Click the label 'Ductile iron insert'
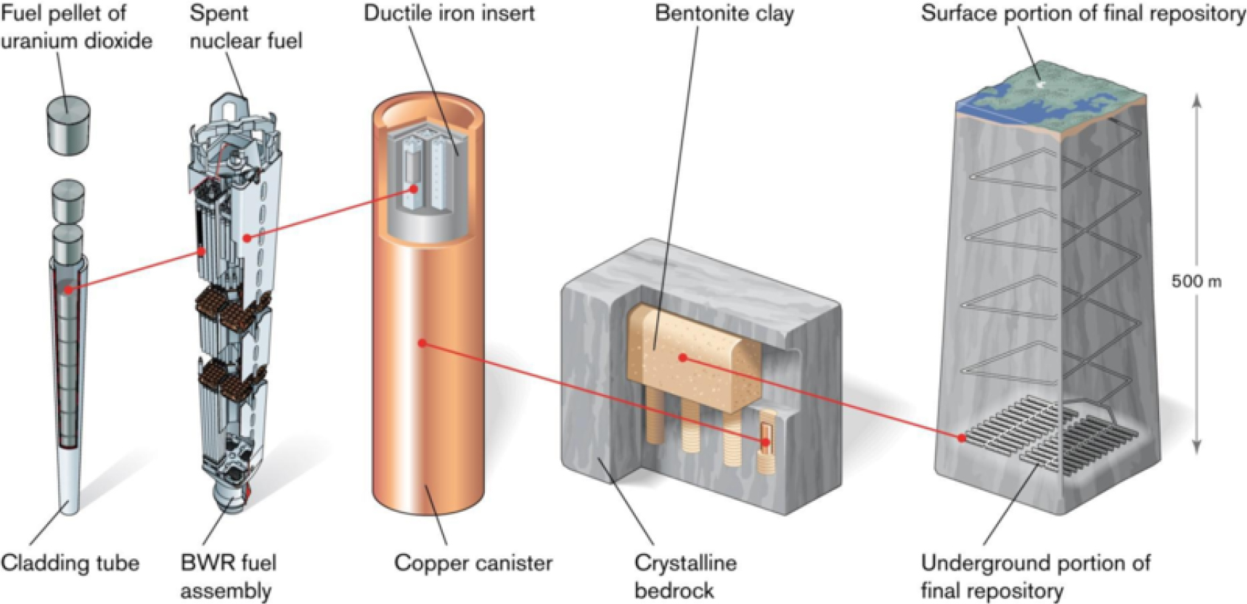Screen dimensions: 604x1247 point(449,13)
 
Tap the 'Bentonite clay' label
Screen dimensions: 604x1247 point(724,13)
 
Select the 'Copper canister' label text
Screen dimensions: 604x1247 point(473,563)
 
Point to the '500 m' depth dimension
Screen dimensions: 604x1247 point(1196,282)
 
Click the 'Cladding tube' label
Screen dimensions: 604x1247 point(70,563)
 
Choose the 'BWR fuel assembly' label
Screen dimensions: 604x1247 point(228,576)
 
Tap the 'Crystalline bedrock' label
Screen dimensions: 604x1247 point(684,576)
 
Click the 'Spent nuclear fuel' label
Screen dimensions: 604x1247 point(245,27)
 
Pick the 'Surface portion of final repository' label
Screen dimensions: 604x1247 point(1082,13)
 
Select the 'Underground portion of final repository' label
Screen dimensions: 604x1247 point(1035,576)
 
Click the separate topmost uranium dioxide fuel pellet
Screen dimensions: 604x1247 point(68,126)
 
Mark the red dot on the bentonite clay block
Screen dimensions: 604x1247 point(683,357)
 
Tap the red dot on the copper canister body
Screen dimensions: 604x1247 point(422,342)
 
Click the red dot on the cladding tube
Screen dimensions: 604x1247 point(68,290)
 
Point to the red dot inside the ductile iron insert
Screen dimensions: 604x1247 point(414,189)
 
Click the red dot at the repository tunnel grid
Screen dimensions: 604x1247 point(962,438)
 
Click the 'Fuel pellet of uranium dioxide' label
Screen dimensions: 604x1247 point(75,27)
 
